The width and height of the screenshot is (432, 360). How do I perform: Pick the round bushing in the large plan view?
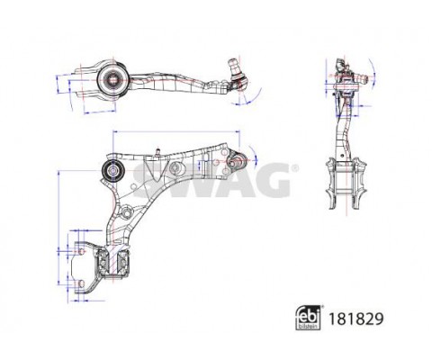(x=114, y=172)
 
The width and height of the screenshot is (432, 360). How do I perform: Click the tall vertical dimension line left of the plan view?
(x=58, y=225)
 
